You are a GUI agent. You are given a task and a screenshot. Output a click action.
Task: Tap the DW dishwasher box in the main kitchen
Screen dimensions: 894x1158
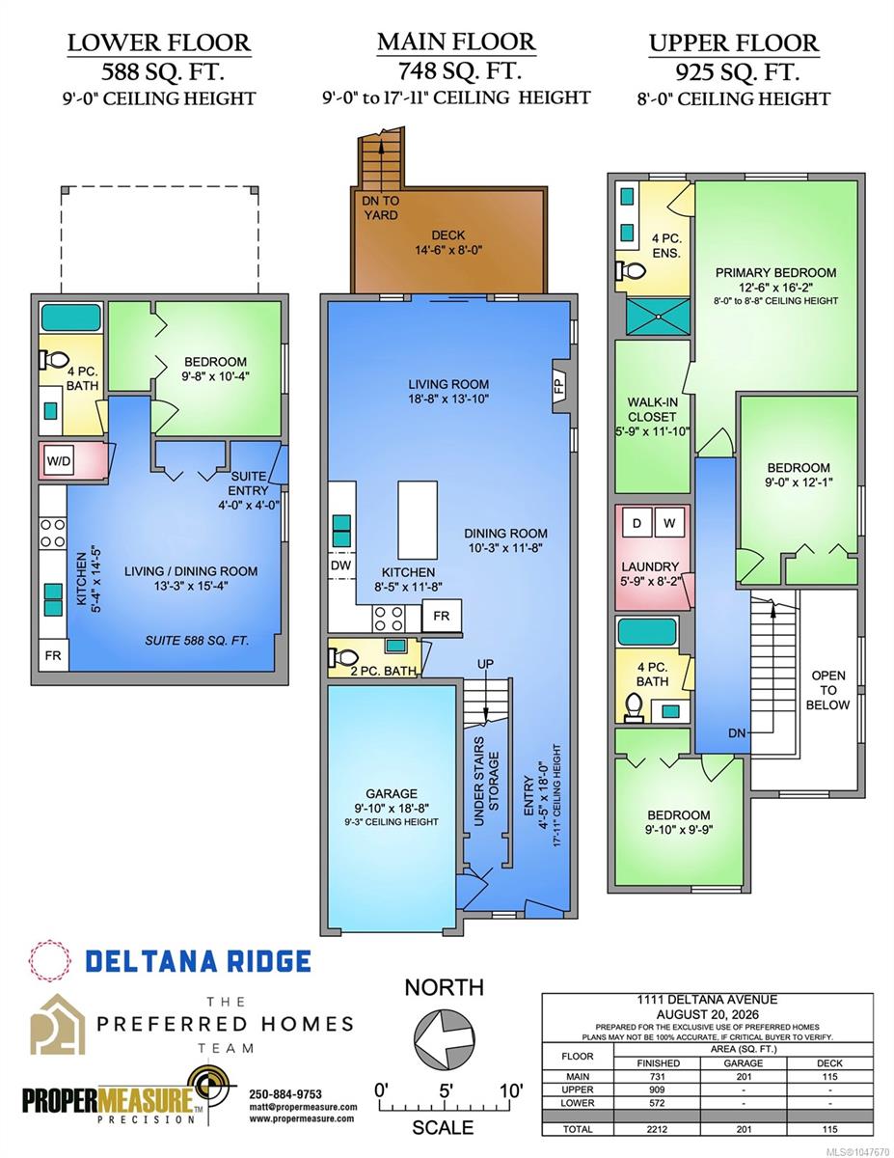(341, 565)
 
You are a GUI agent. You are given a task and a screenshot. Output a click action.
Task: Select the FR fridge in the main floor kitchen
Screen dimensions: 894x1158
(442, 616)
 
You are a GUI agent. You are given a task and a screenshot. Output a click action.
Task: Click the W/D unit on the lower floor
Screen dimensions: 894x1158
(59, 461)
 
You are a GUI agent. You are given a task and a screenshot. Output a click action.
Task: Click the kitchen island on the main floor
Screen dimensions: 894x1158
(418, 520)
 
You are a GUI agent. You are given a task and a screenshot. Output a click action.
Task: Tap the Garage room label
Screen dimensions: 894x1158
(392, 793)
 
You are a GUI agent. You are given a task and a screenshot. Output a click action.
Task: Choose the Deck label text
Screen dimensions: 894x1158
(448, 235)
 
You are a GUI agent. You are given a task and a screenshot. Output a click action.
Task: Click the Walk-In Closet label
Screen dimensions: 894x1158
(652, 409)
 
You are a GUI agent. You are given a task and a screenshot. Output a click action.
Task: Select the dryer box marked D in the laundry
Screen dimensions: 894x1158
(637, 523)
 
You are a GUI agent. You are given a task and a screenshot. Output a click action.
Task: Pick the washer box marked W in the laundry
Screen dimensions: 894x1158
(669, 523)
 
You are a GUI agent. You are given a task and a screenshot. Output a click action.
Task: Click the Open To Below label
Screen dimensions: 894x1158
(828, 690)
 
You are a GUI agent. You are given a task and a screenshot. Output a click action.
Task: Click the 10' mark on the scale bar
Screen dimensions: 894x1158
(512, 1090)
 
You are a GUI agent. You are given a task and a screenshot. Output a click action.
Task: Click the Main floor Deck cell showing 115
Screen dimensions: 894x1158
(829, 1077)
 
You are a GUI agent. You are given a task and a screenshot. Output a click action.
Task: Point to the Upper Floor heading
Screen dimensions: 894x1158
(734, 43)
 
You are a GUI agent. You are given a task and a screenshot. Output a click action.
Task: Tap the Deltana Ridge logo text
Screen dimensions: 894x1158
(198, 961)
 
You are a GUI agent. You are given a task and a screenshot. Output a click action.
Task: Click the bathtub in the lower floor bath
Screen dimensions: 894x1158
(70, 317)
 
